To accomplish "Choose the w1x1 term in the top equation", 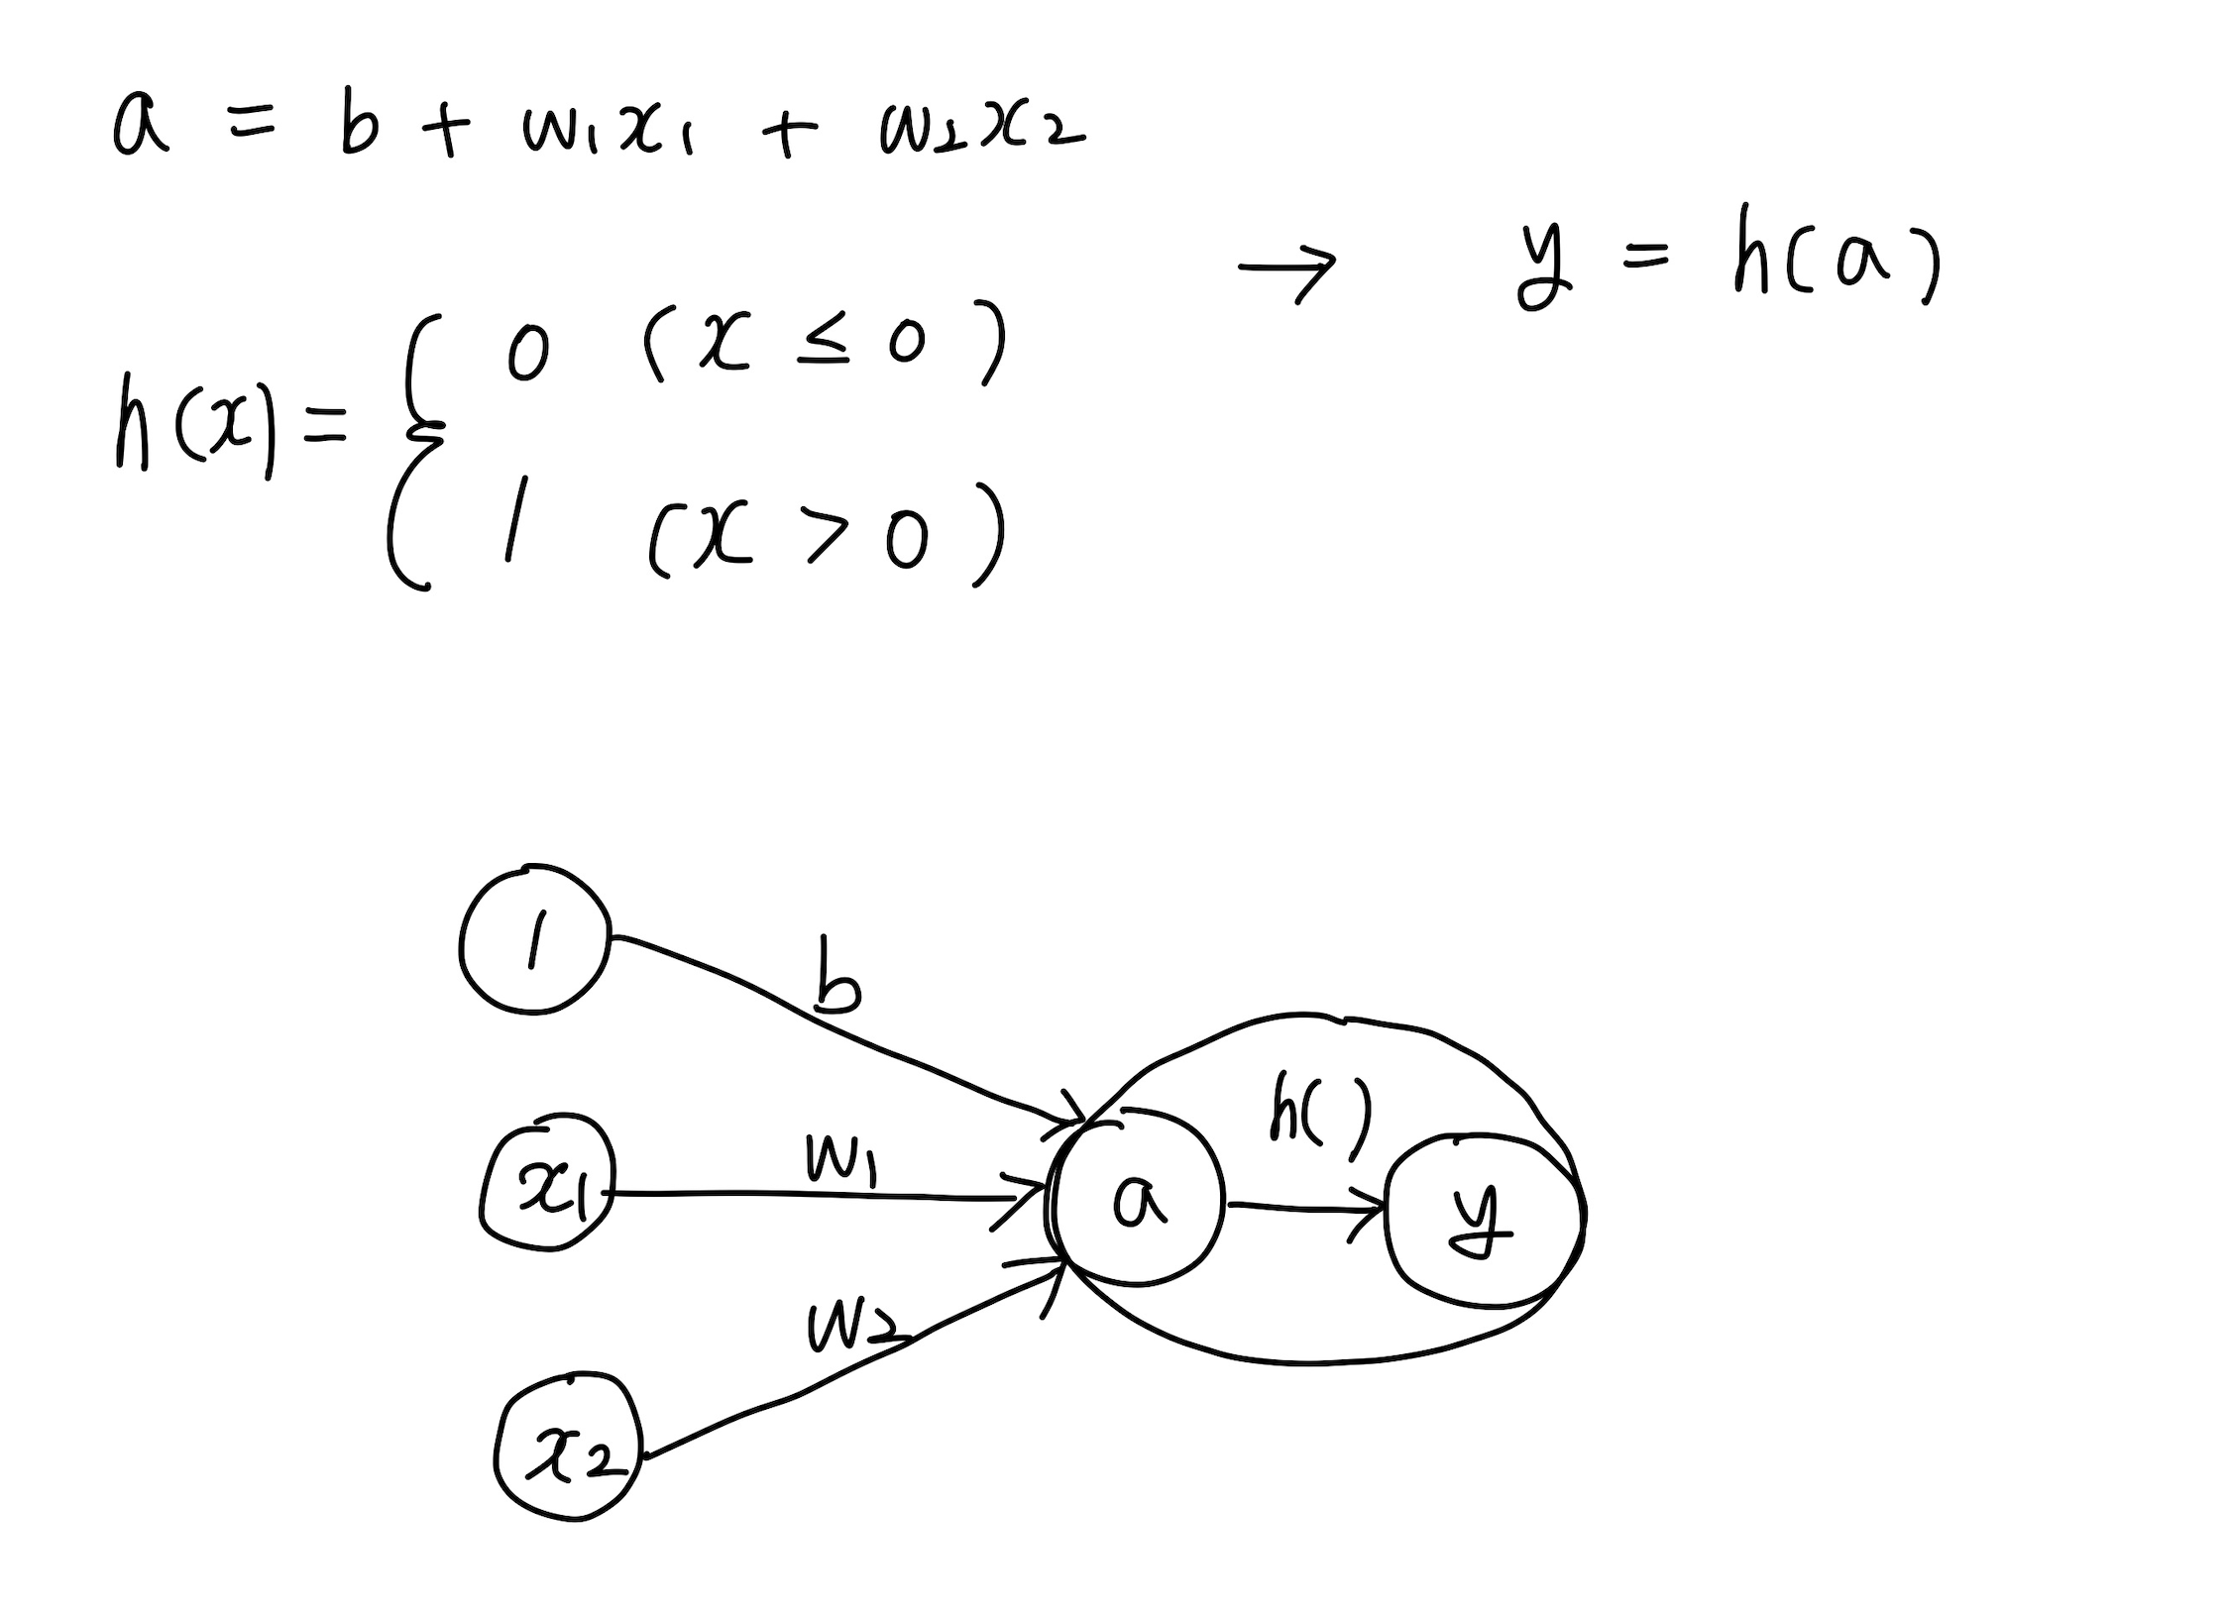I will coord(607,131).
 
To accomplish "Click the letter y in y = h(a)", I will coord(1544,265).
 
